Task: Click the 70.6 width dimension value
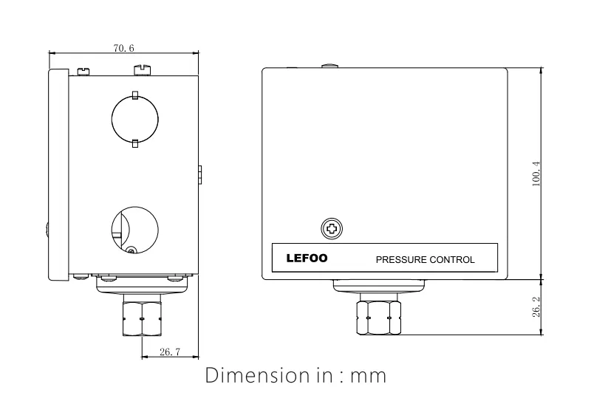123,48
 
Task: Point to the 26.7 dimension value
169,353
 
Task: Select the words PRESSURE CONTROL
425,260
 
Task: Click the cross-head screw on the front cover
332,229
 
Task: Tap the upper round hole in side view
134,119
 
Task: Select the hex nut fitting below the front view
378,315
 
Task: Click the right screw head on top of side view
141,69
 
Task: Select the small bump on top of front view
330,66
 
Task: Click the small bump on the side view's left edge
47,230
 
